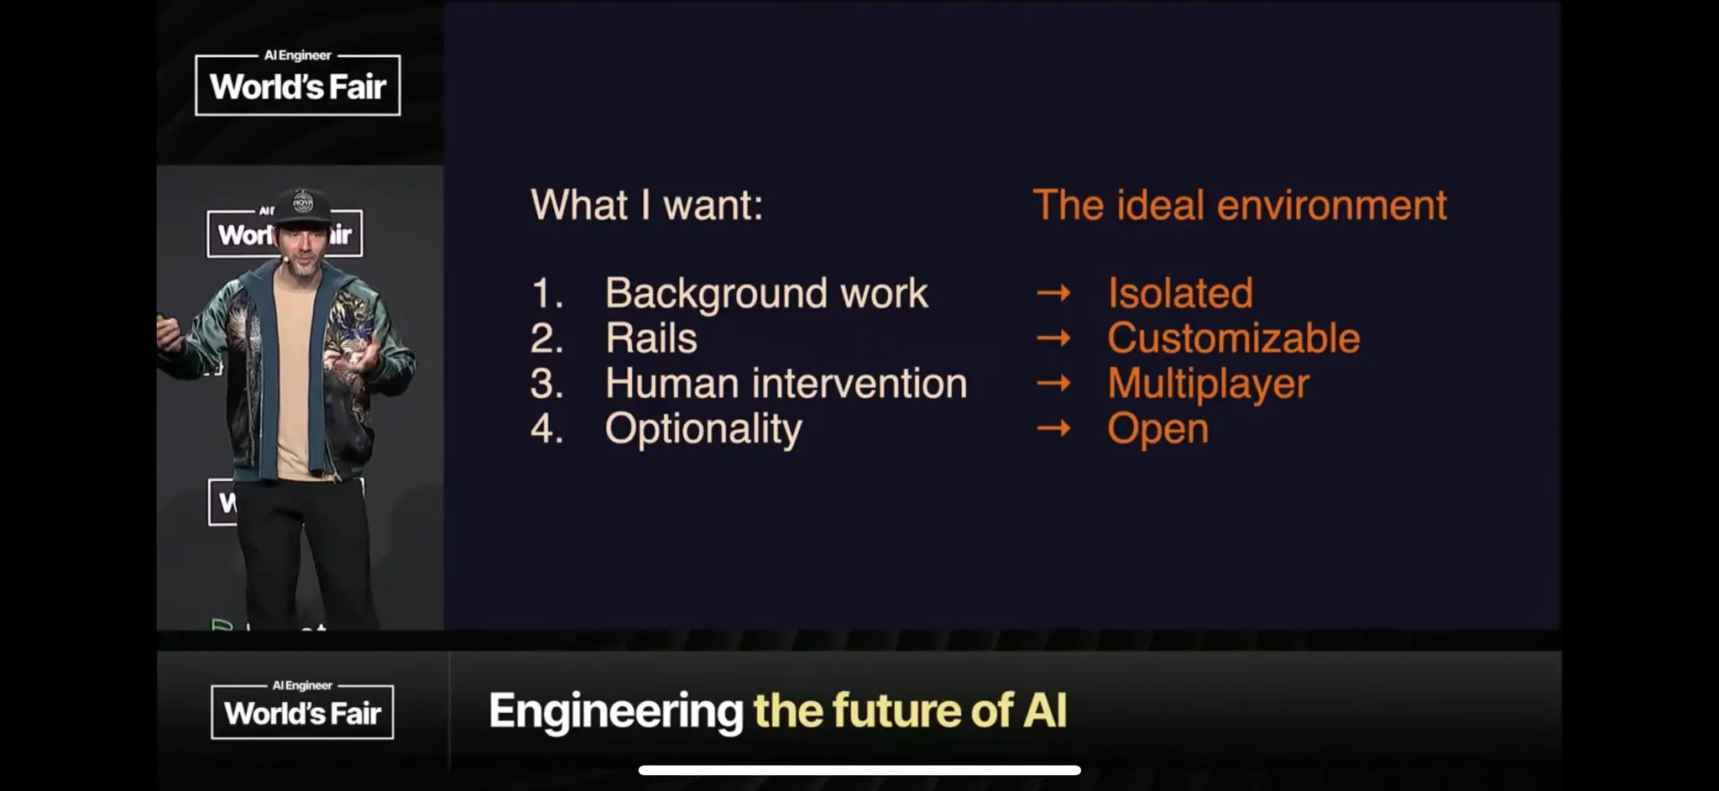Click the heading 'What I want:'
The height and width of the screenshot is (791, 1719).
pos(647,206)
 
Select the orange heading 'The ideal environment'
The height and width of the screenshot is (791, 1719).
pos(1240,206)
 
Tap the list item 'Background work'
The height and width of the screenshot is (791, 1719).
pos(766,294)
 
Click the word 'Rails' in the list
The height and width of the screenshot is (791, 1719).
pos(651,338)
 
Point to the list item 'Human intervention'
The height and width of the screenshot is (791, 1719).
pos(786,384)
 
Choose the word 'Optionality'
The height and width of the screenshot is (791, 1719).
pos(703,429)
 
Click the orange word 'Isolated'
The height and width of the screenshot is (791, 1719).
pos(1180,294)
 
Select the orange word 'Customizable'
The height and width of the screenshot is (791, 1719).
pos(1234,338)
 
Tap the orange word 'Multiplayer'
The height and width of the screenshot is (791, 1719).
pos(1209,385)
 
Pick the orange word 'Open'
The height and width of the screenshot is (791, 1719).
pos(1158,430)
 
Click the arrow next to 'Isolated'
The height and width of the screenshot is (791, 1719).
pos(1053,293)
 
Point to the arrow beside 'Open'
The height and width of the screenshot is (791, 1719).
pos(1053,429)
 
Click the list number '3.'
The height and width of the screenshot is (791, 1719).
pos(546,384)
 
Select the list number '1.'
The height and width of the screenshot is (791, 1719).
pos(547,294)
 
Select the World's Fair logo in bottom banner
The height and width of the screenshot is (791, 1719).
pos(302,710)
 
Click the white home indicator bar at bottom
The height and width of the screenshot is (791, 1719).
pos(859,770)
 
